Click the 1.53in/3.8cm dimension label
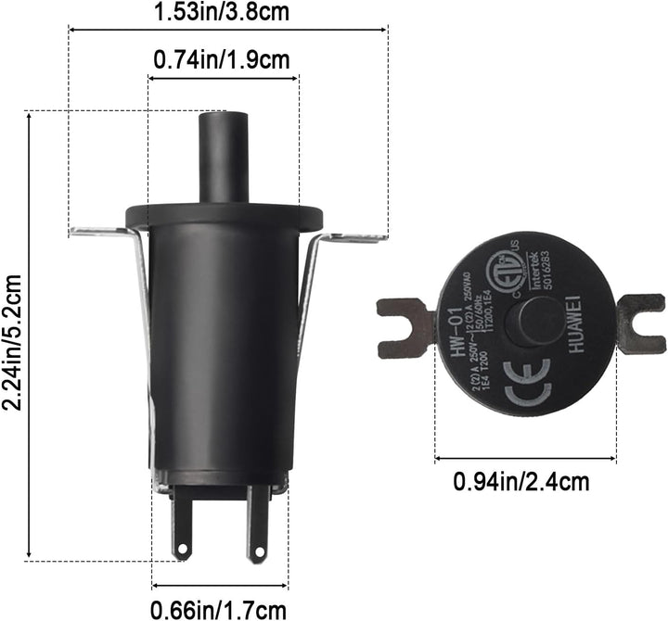pos(228,12)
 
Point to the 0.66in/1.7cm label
pos(220,608)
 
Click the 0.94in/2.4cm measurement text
pos(520,481)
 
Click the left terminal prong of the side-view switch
pos(182,525)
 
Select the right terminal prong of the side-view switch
pos(257,526)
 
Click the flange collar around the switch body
pos(225,217)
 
